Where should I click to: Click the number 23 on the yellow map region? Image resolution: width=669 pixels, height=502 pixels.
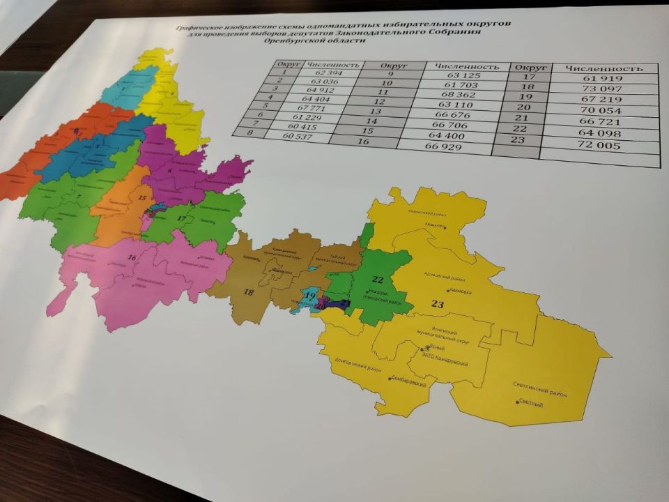click(x=438, y=303)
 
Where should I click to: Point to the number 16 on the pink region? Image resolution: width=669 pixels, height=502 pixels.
click(x=131, y=258)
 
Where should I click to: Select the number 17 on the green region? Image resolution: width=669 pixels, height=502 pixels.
click(x=180, y=219)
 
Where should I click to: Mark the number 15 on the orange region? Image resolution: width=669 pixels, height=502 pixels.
click(x=141, y=198)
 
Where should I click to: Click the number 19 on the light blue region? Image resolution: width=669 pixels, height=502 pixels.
click(x=309, y=296)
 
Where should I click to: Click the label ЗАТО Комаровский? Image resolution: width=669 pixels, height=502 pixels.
click(x=444, y=363)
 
